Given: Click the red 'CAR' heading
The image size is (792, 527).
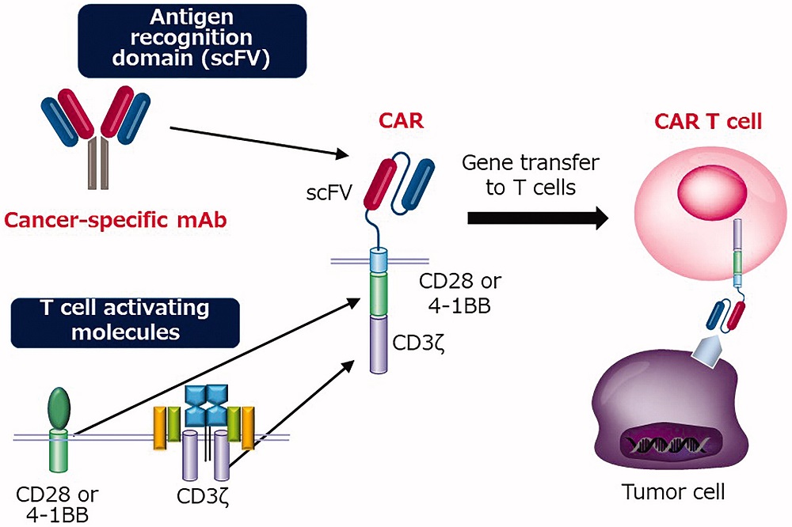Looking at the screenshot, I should point(404,123).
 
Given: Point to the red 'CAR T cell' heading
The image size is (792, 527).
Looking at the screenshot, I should point(707,122).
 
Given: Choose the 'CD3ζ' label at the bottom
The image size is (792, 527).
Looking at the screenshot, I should point(205,498).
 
